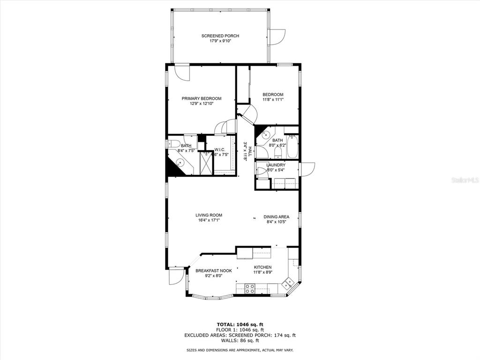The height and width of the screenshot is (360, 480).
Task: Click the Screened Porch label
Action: pos(220,36)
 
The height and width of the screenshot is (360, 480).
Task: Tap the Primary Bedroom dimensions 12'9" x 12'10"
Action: pos(202,104)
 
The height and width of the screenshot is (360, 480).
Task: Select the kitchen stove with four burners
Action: pos(250,288)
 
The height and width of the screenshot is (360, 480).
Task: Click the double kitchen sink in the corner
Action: pos(289,283)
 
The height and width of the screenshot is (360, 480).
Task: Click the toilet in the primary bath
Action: pos(174,143)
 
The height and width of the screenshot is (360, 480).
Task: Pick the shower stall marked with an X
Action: pos(206,163)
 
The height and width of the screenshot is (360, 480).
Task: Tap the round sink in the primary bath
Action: pos(180,163)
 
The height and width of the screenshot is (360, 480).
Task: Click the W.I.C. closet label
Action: pos(220,150)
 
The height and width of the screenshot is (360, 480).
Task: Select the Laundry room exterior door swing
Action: pos(307,169)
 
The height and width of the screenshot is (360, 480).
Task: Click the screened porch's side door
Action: pos(277,37)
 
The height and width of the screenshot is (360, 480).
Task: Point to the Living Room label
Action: pos(209,216)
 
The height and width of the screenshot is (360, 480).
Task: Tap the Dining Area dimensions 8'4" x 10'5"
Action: pos(276,222)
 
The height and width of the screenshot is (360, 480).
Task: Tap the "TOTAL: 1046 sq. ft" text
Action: pos(240,324)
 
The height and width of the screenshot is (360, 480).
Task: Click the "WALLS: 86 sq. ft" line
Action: pos(240,340)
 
